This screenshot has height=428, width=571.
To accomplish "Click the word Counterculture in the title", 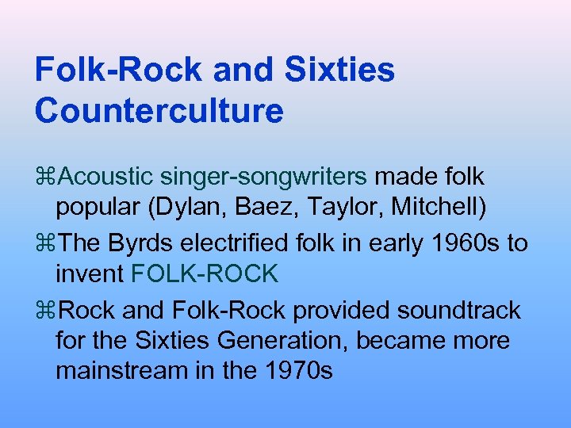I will click(x=159, y=110).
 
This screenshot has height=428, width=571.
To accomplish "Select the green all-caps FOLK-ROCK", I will click(x=205, y=273).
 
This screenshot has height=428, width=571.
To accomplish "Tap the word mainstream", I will click(x=120, y=371).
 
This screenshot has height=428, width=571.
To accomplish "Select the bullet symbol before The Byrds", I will click(x=45, y=243).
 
